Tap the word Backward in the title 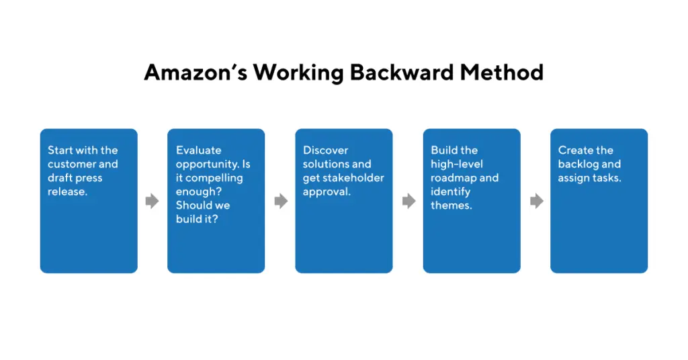(x=402, y=73)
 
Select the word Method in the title (x=501, y=73)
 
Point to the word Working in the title (x=298, y=73)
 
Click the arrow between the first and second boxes (x=153, y=201)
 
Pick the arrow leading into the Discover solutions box (x=281, y=201)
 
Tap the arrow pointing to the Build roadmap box (x=409, y=201)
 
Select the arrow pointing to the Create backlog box (x=537, y=201)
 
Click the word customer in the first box (x=71, y=164)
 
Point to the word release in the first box (x=67, y=191)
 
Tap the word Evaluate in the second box (x=199, y=150)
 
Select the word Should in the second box (x=192, y=206)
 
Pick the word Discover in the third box (x=326, y=150)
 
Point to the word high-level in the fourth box (x=457, y=164)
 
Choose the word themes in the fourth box (x=450, y=206)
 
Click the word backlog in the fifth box (x=576, y=165)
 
